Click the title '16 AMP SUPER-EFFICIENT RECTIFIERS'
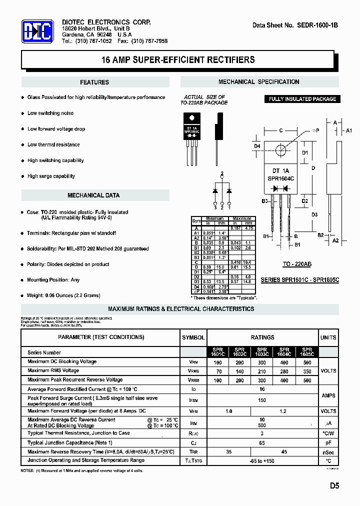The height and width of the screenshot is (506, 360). [x=178, y=60]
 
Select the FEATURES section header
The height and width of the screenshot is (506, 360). [x=94, y=82]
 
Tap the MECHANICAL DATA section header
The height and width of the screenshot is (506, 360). [x=93, y=195]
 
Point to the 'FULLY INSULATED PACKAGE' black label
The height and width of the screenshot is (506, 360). [x=302, y=99]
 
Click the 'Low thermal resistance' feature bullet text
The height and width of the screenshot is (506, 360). [x=53, y=145]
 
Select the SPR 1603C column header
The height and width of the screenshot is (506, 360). [x=261, y=352]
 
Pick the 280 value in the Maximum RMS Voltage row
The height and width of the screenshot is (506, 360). [x=284, y=371]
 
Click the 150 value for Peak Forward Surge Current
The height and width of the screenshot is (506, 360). [x=262, y=400]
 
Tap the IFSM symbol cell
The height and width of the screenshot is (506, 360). [x=193, y=400]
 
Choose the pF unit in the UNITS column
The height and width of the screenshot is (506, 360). [x=328, y=443]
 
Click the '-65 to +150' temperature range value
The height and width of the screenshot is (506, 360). [x=262, y=461]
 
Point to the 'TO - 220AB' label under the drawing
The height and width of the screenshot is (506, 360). [x=297, y=263]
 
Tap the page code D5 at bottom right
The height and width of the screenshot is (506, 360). [x=334, y=485]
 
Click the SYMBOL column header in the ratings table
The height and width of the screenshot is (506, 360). [x=193, y=337]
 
